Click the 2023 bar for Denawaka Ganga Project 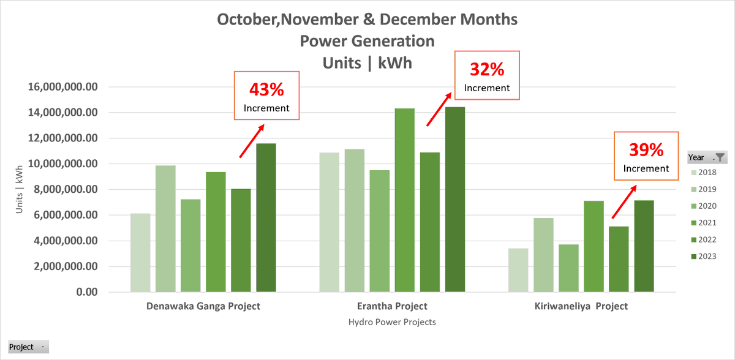pyautogui.click(x=266, y=218)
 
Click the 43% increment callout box pyautogui.click(x=266, y=96)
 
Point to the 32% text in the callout pyautogui.click(x=487, y=70)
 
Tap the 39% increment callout pyautogui.click(x=646, y=156)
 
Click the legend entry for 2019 pyautogui.click(x=705, y=190)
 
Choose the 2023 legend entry pyautogui.click(x=705, y=256)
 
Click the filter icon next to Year pyautogui.click(x=720, y=157)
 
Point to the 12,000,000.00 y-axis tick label pyautogui.click(x=64, y=138)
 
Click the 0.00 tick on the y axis pyautogui.click(x=87, y=292)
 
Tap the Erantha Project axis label pyautogui.click(x=392, y=306)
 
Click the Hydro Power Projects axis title pyautogui.click(x=392, y=321)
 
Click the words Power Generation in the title pyautogui.click(x=367, y=41)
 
